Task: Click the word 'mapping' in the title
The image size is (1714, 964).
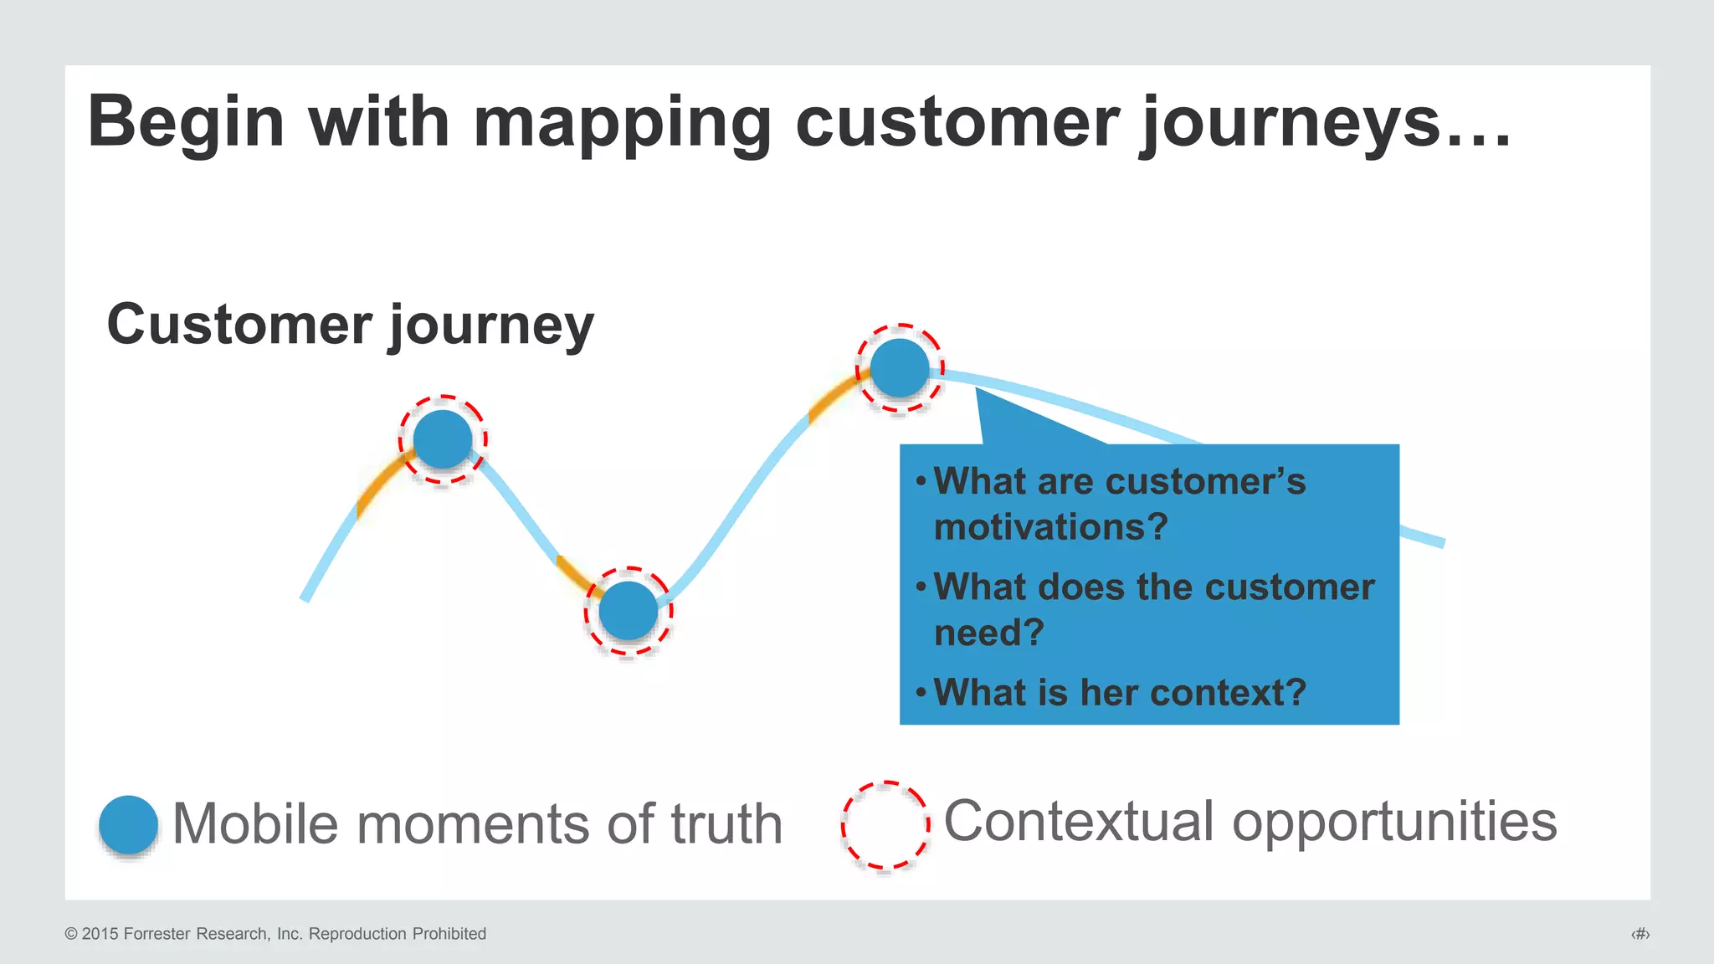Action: pos(622,124)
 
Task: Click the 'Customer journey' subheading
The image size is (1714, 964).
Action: pos(350,325)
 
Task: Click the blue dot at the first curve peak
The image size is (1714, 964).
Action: pos(443,439)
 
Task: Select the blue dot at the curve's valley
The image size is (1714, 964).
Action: pos(629,611)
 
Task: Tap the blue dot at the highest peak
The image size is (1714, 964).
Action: pos(900,368)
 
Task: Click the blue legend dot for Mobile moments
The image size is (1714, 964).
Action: pos(128,824)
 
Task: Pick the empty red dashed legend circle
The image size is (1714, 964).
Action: pos(885,825)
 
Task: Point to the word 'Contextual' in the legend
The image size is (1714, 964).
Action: pos(1079,822)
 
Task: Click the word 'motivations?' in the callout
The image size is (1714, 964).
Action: pos(1050,527)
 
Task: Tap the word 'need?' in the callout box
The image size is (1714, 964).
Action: pos(988,633)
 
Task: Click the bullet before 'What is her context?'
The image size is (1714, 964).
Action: pos(921,692)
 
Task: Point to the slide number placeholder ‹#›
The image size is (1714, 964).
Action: pos(1640,934)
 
